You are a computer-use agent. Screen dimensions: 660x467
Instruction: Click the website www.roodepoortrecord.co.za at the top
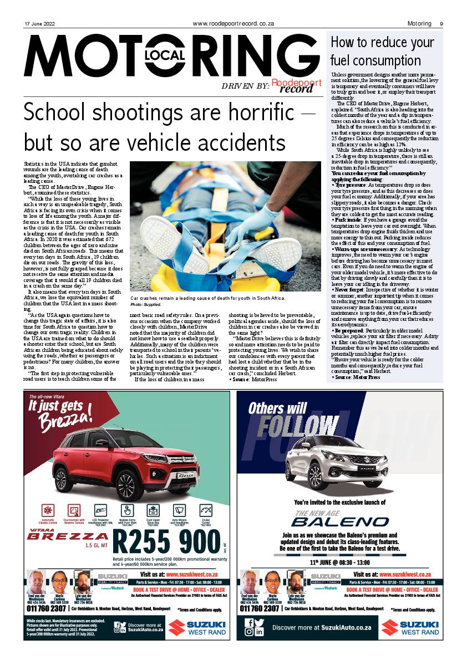click(233, 24)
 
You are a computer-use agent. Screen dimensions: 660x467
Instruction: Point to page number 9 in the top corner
click(441, 24)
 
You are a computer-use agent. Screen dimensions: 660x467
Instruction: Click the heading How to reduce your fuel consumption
click(383, 51)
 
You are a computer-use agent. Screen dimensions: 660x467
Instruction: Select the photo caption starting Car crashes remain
click(208, 298)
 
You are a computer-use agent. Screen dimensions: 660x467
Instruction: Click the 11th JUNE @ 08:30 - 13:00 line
click(340, 562)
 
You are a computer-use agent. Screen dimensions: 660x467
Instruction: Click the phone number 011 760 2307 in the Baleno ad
click(260, 608)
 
